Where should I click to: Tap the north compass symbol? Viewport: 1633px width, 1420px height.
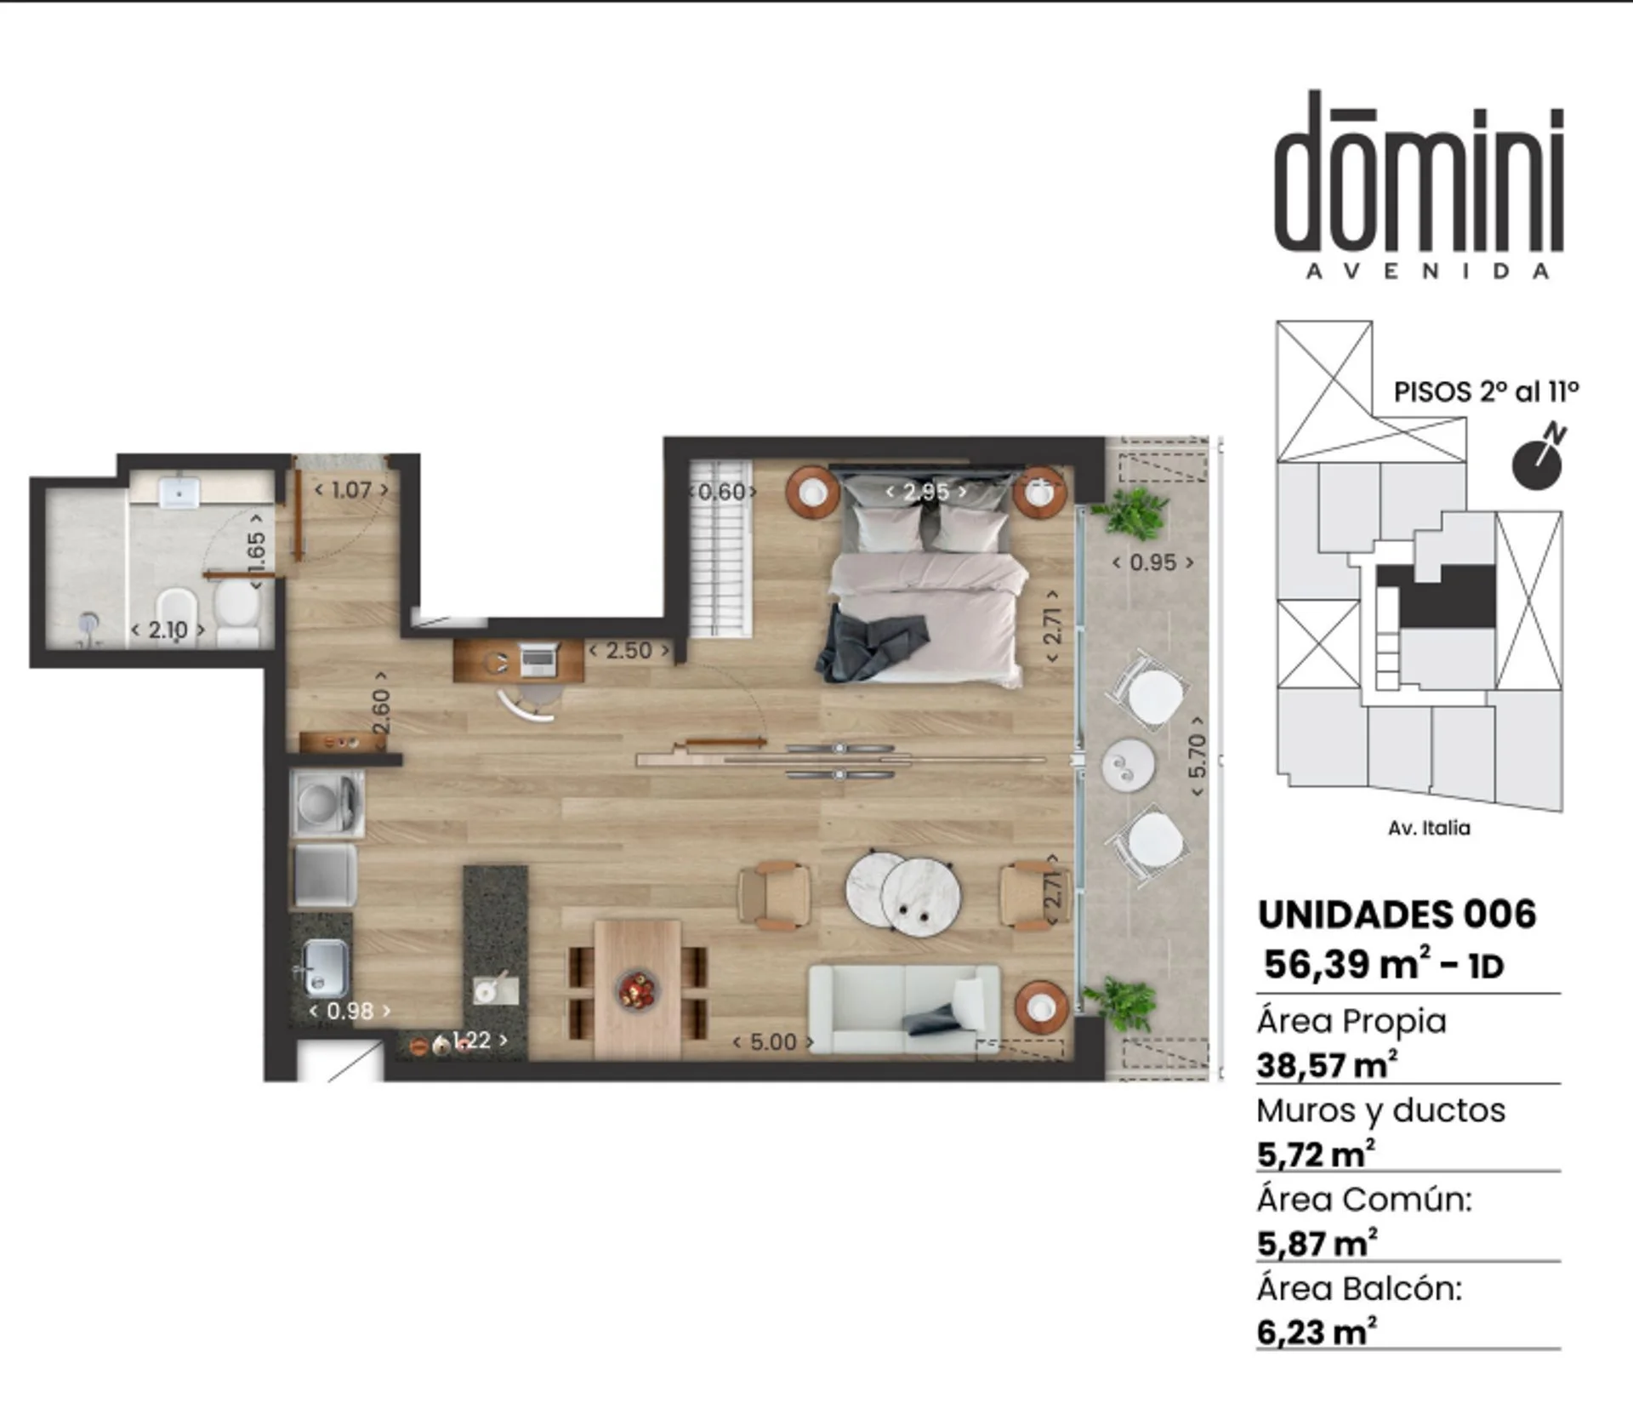pos(1538,459)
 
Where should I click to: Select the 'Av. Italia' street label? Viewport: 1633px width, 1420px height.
pos(1429,828)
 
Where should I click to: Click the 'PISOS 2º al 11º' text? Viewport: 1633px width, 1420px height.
pos(1486,391)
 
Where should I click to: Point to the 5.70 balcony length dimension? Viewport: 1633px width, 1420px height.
pos(1197,756)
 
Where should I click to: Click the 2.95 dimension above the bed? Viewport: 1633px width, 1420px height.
pos(925,491)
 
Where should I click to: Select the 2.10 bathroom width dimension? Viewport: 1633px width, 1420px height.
pos(168,630)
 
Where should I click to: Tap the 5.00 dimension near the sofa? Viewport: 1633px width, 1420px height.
pos(772,1042)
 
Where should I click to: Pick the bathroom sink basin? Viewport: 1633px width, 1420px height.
pos(179,492)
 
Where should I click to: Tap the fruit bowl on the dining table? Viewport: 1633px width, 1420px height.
pos(637,990)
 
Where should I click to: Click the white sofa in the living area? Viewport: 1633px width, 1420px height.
pos(903,1008)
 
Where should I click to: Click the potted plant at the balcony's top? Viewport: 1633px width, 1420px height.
pos(1132,513)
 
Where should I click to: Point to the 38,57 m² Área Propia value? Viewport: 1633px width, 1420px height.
pos(1328,1065)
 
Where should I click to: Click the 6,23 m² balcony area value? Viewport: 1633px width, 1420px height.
pos(1317,1332)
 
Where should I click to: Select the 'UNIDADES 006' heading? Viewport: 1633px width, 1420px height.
pos(1397,915)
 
